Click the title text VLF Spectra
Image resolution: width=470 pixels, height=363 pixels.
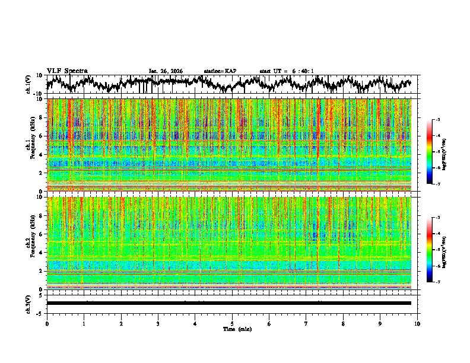click(x=67, y=71)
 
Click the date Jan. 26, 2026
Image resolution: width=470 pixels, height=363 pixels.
click(x=166, y=71)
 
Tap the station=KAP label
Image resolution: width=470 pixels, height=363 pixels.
click(x=220, y=71)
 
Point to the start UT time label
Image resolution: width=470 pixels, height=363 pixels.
click(x=287, y=71)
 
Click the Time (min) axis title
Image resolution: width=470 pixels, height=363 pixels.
click(x=237, y=329)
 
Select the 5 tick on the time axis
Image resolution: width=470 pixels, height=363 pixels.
click(x=232, y=323)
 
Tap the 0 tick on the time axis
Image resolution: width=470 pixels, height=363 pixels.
click(x=47, y=323)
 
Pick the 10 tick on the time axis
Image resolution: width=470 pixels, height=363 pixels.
click(x=417, y=323)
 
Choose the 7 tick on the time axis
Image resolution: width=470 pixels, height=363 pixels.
click(x=306, y=323)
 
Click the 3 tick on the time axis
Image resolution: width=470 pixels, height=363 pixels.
click(x=158, y=323)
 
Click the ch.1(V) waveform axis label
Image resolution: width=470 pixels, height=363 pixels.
click(x=29, y=84)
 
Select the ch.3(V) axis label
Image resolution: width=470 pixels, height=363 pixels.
click(x=29, y=302)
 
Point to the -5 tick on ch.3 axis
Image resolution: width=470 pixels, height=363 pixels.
click(x=40, y=313)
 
